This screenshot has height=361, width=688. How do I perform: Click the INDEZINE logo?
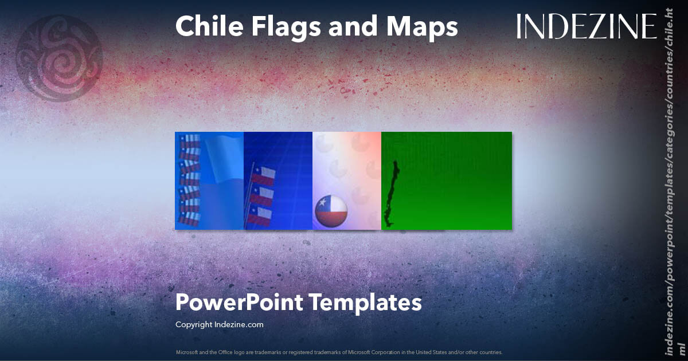pos(586,26)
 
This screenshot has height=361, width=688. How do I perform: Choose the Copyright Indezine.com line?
pos(219,324)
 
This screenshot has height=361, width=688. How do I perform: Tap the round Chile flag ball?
pos(331,211)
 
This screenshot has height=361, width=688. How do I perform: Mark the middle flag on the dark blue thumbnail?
pos(263,195)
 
